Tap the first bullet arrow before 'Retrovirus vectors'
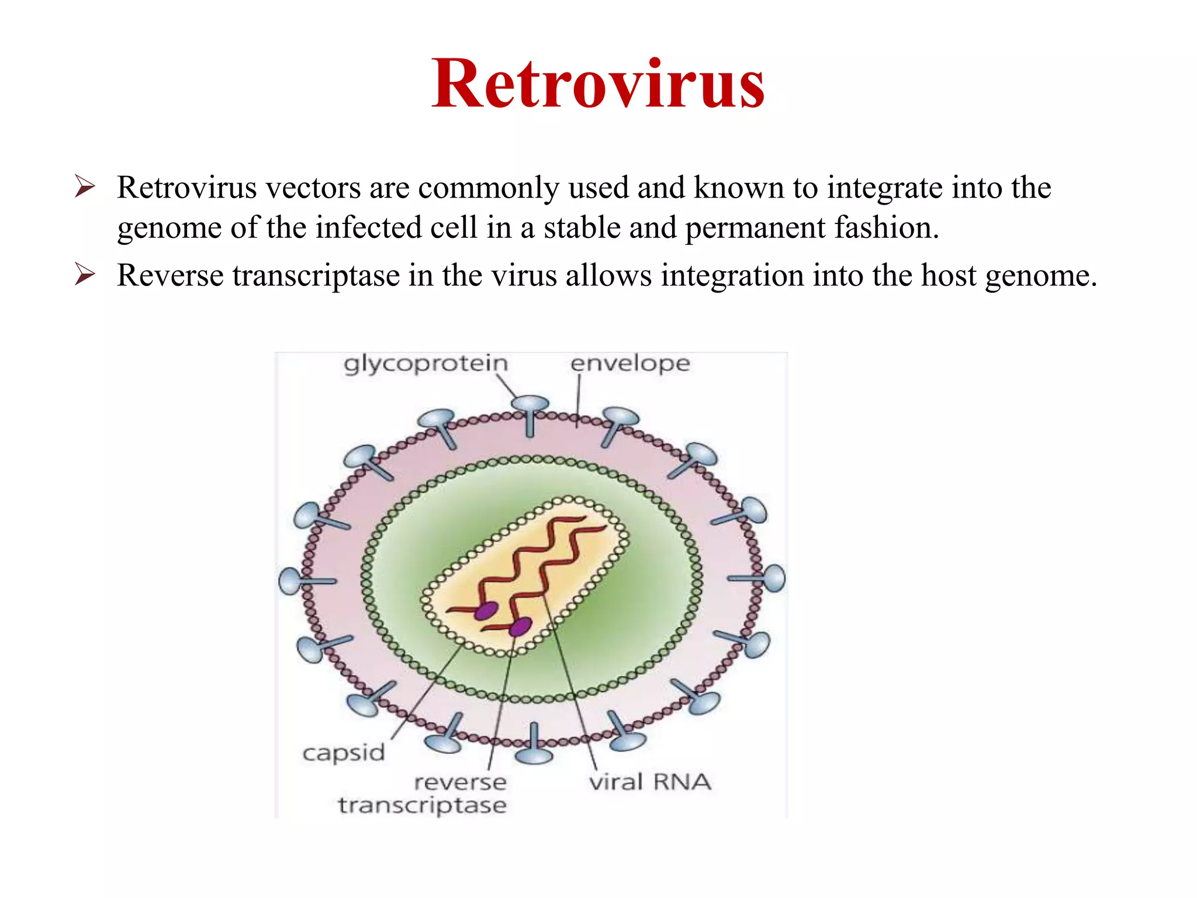pos(85,187)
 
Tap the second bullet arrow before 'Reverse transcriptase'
pos(85,274)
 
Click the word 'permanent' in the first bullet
pos(755,227)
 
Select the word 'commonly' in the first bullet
pos(489,188)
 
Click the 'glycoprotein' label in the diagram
pos(425,364)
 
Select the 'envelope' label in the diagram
pos(630,364)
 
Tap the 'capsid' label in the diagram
pos(344,752)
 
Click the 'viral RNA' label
pos(649,782)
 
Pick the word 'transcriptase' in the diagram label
pos(422,806)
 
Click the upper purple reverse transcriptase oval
pos(486,611)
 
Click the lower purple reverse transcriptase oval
pos(520,627)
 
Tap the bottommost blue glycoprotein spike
pos(534,755)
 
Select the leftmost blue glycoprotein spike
pos(290,581)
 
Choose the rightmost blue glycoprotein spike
pos(774,578)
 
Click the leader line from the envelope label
pos(578,400)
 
